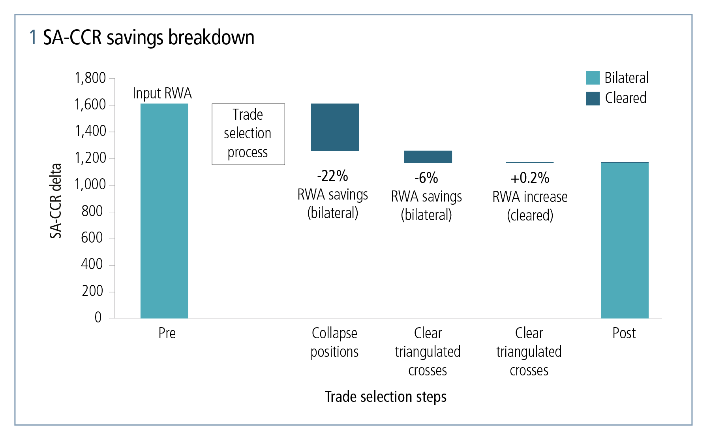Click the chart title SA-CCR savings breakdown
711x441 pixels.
point(148,38)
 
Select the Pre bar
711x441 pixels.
point(164,211)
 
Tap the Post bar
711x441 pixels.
point(625,240)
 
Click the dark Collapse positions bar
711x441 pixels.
point(335,127)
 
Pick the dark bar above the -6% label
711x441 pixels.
point(428,157)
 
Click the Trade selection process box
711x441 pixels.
point(248,134)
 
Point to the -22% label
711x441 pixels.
point(332,176)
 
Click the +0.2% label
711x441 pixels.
point(530,178)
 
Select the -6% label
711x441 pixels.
point(426,178)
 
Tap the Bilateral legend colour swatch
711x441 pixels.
point(593,78)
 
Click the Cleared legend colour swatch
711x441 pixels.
point(593,98)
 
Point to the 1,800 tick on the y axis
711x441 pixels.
point(90,78)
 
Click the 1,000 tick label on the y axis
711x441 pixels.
point(90,184)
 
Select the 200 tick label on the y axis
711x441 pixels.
point(92,291)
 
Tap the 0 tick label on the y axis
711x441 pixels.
point(98,317)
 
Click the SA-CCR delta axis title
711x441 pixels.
point(56,201)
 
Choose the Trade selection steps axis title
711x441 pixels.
point(386,397)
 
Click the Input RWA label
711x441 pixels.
point(162,93)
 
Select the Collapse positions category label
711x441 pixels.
point(334,342)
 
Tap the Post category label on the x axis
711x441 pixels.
point(624,333)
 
